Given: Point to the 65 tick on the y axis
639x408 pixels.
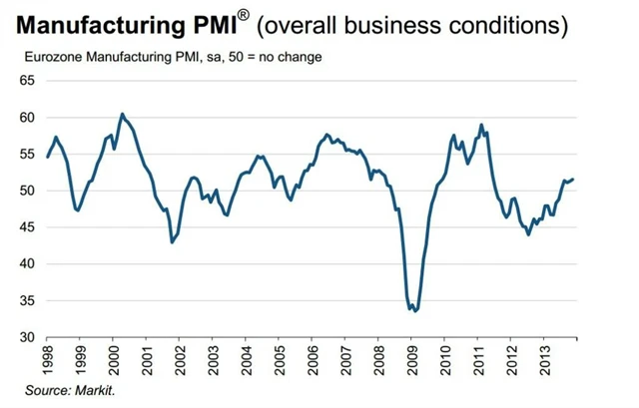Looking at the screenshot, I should [27, 81].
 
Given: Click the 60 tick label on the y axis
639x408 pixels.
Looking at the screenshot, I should [27, 118].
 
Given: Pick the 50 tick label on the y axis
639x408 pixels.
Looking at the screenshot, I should [27, 191].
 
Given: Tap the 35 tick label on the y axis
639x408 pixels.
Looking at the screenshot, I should [27, 300].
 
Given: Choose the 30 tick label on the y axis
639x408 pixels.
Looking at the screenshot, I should [27, 337].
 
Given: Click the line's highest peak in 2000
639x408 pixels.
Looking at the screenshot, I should [122, 114].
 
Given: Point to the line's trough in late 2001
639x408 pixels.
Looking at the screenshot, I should [172, 242].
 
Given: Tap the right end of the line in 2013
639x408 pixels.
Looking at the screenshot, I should [573, 179].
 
